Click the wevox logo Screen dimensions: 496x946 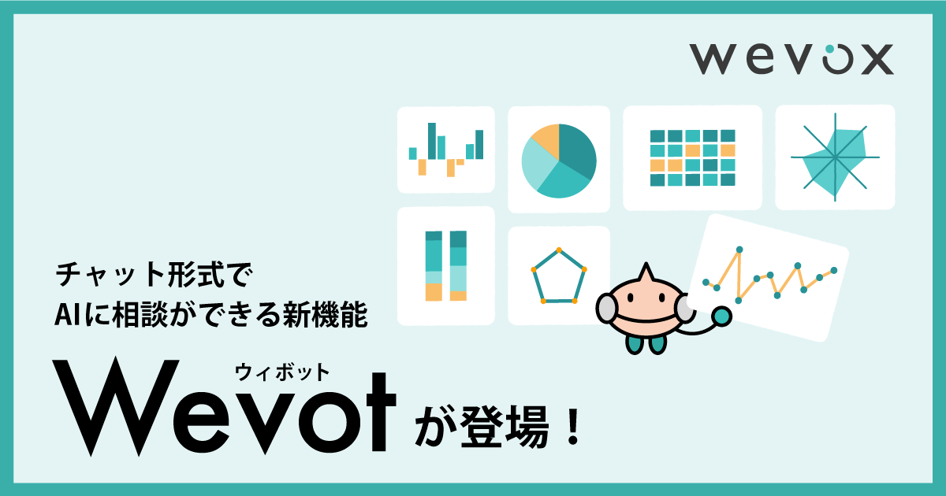(791, 58)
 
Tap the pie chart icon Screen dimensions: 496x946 (559, 161)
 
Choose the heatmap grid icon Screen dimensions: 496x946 (692, 157)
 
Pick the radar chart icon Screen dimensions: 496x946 (834, 157)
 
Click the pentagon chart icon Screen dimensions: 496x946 (559, 276)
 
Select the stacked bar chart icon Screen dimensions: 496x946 (446, 266)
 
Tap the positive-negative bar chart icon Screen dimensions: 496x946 (446, 150)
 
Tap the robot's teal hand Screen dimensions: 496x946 (721, 316)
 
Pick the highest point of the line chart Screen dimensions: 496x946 (739, 250)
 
